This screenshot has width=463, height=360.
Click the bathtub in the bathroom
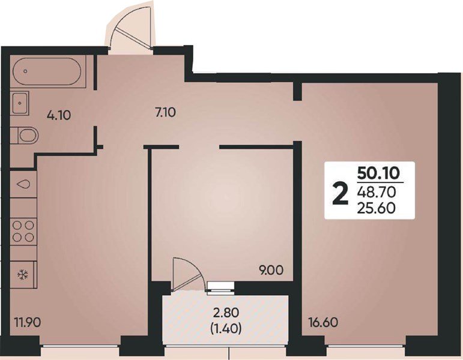point(47,72)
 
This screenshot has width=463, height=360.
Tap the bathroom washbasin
point(20,103)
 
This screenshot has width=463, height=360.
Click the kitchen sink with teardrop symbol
point(23,184)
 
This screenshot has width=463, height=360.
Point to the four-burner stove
point(23,232)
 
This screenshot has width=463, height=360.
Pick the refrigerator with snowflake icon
point(23,275)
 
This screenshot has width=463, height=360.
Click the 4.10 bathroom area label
point(59,115)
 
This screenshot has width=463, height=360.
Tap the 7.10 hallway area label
point(165,112)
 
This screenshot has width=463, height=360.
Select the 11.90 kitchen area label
point(28,322)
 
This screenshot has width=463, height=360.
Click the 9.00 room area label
point(271,270)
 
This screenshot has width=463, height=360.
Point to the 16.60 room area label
point(322,322)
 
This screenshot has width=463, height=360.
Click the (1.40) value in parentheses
point(226,328)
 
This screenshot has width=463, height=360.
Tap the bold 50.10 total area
point(378,173)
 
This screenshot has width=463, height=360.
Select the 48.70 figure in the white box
point(376,193)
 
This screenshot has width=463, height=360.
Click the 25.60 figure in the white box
point(376,208)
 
